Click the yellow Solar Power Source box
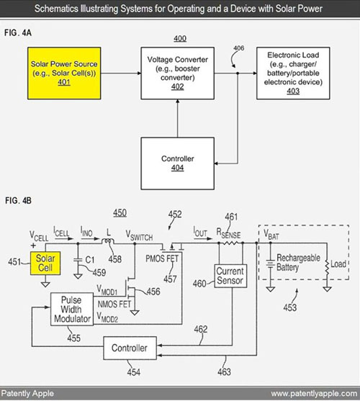point(64,73)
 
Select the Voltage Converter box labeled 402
point(177,73)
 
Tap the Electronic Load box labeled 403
point(293,73)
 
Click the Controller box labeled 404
point(177,163)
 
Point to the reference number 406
point(238,48)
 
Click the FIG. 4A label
point(18,32)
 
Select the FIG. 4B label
point(18,200)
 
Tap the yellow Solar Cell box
point(45,263)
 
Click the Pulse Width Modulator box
point(72,309)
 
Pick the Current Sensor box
point(230,276)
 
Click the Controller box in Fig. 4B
point(130,348)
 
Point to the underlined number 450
point(120,213)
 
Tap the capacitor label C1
point(90,260)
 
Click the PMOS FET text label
point(162,258)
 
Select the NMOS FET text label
point(114,304)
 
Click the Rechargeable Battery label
point(298,262)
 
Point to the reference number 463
point(224,371)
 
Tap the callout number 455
point(73,338)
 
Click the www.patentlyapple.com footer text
point(314,393)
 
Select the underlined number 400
point(180,38)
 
